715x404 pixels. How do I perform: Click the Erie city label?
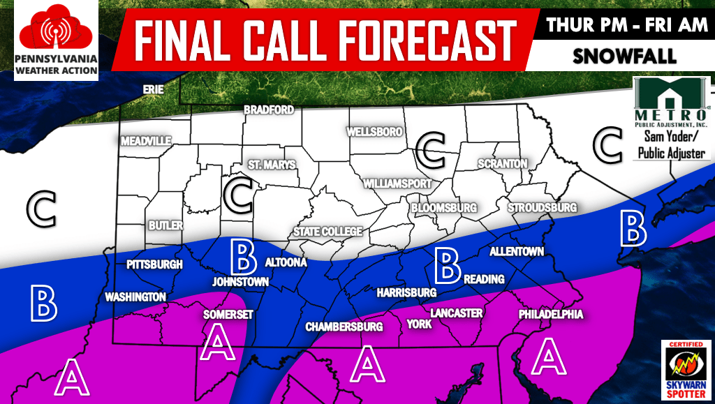[153, 90]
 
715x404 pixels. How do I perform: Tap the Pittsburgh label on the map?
[154, 265]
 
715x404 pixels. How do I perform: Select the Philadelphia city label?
[550, 315]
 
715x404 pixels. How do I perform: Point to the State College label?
[327, 232]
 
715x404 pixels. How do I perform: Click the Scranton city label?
[502, 163]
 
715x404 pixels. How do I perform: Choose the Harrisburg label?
[406, 292]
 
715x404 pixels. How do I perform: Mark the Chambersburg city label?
[345, 327]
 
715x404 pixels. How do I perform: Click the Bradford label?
[268, 110]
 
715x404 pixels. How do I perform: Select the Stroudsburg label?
[542, 208]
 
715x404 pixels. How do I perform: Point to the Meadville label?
[146, 141]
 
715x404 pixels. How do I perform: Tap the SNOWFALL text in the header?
[624, 57]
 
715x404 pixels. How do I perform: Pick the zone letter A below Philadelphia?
[547, 356]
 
